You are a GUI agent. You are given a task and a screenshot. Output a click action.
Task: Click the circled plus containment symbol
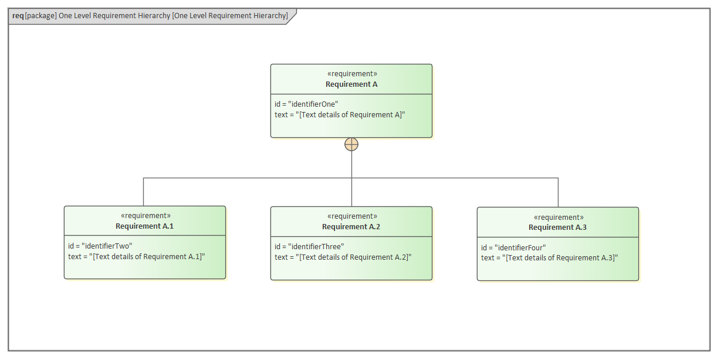(351, 144)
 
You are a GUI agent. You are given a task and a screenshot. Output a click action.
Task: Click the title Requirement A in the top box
(351, 84)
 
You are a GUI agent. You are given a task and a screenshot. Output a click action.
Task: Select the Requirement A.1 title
(144, 226)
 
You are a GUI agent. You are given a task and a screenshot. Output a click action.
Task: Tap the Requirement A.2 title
(351, 227)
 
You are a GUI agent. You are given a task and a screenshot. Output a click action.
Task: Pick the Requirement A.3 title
(557, 227)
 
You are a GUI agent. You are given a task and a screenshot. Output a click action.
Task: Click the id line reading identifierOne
(306, 104)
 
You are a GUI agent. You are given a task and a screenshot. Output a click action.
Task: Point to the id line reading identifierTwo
(100, 246)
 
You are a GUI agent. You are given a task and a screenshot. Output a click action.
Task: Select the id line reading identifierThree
(309, 246)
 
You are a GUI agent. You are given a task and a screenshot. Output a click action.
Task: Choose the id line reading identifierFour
(513, 247)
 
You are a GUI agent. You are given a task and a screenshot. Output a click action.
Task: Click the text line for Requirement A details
(340, 114)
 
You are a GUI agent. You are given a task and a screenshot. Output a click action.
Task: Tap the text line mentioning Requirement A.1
(137, 257)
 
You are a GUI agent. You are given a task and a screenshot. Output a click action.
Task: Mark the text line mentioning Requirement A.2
(343, 257)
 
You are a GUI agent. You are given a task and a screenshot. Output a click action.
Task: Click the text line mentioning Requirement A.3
(550, 258)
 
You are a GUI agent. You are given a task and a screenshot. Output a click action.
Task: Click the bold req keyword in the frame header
(18, 16)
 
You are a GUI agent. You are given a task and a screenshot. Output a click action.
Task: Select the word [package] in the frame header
(40, 16)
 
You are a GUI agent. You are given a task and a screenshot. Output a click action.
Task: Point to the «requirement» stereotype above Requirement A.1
(145, 216)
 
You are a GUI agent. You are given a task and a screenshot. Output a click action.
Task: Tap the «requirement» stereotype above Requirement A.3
(558, 217)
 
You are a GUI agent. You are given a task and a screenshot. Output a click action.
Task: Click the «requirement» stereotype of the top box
(352, 74)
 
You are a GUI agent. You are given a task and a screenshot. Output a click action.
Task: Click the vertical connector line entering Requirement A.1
(144, 192)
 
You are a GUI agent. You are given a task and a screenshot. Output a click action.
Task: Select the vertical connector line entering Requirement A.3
(558, 192)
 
